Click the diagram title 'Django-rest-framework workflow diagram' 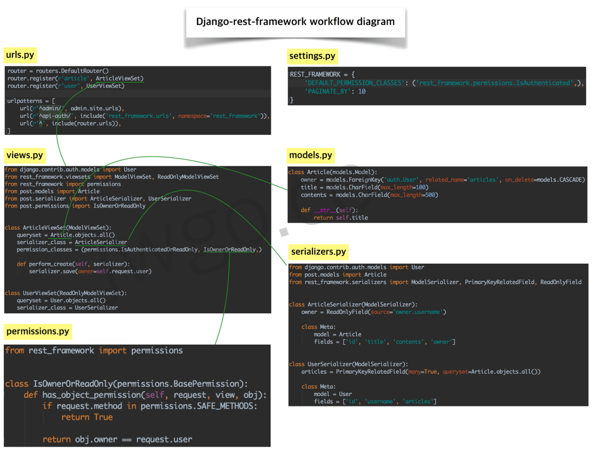tap(295, 22)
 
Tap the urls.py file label tap(20, 55)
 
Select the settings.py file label tap(312, 56)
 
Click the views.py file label tap(24, 155)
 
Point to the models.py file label tap(311, 155)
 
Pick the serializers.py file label tap(319, 251)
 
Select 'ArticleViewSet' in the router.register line tap(119, 78)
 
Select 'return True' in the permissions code tap(87, 417)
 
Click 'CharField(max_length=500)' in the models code tap(398, 195)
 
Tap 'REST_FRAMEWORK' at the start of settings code tap(315, 74)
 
